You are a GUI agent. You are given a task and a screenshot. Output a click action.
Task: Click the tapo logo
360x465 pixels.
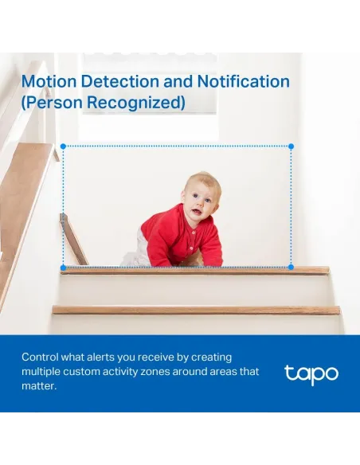[311, 373]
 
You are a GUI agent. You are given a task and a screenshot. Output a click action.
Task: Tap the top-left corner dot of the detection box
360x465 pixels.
[63, 147]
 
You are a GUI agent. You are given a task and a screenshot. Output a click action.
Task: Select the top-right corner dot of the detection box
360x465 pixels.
[291, 147]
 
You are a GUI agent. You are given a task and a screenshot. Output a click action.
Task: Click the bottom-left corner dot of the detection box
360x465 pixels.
[63, 268]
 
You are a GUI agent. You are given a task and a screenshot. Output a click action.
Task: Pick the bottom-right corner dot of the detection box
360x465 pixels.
[291, 268]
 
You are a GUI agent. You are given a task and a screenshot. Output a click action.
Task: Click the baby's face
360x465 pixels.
[199, 201]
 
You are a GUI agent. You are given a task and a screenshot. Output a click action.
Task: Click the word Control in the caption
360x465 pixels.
[41, 358]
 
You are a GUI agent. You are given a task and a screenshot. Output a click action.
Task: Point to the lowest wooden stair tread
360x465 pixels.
[195, 310]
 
